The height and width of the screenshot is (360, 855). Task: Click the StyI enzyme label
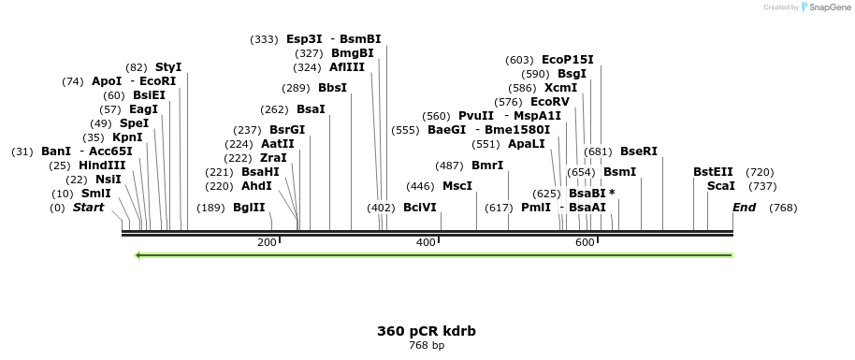(168, 67)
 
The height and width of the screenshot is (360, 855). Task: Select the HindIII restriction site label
(101, 166)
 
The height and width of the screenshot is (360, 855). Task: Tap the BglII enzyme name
(249, 208)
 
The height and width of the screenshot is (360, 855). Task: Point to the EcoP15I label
(567, 60)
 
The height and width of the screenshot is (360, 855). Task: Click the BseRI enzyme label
(639, 151)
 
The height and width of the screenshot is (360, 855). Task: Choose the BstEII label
(713, 172)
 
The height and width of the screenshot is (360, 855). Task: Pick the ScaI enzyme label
(720, 186)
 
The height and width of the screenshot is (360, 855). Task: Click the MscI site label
(457, 186)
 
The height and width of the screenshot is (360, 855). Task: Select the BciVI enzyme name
(419, 208)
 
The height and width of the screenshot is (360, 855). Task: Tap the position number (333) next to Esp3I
(264, 39)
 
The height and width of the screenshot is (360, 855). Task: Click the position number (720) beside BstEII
(760, 172)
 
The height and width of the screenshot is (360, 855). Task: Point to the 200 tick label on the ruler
(267, 243)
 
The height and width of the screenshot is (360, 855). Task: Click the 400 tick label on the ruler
(426, 243)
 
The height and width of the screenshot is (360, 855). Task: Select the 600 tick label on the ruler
(585, 243)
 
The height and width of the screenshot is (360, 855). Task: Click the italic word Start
(89, 208)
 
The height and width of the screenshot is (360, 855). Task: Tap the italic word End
(744, 208)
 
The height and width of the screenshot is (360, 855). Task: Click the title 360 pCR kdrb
(426, 331)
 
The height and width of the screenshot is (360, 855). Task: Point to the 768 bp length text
(426, 346)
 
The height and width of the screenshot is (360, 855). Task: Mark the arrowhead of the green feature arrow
(139, 254)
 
